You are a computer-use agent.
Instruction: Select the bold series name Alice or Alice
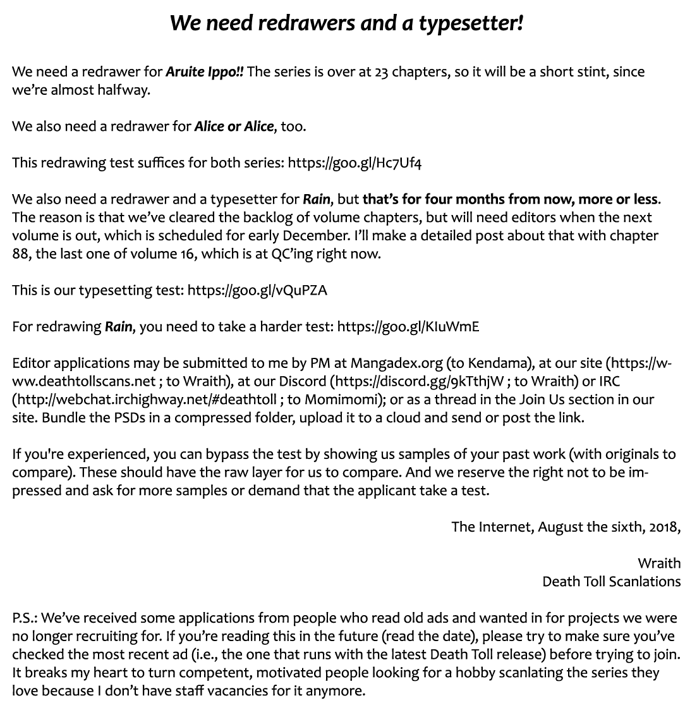[234, 126]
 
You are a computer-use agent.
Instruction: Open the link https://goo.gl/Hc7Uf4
[355, 162]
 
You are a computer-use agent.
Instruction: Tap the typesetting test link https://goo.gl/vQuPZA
[258, 290]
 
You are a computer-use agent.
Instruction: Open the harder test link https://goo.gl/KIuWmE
[408, 327]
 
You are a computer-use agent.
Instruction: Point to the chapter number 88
[21, 254]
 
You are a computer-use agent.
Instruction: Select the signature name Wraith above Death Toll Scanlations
[659, 563]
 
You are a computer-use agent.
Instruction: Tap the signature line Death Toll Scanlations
[611, 582]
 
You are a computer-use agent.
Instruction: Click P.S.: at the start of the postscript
[25, 618]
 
